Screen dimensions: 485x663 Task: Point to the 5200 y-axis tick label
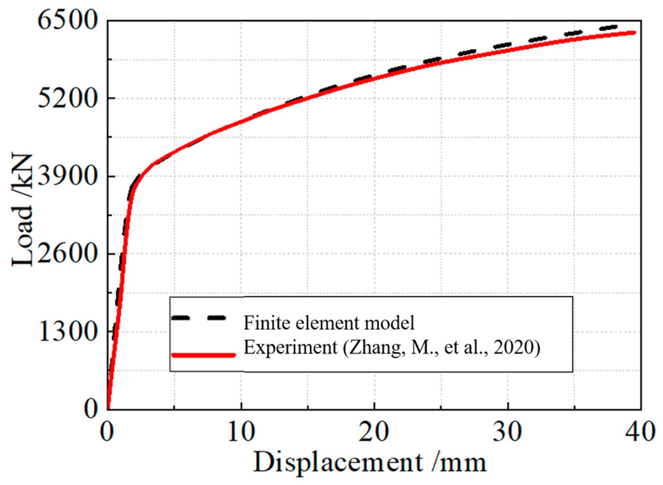[68, 99]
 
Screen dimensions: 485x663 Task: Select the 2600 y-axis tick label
[68, 253]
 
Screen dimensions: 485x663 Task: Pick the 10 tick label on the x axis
[241, 432]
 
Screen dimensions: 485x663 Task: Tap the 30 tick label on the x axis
[507, 432]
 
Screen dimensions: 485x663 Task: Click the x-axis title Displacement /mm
[370, 462]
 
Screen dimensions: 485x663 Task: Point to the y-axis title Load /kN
[22, 210]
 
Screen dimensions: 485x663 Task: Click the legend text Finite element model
[329, 323]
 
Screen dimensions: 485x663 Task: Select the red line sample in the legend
[203, 355]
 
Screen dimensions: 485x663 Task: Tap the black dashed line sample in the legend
[199, 317]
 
